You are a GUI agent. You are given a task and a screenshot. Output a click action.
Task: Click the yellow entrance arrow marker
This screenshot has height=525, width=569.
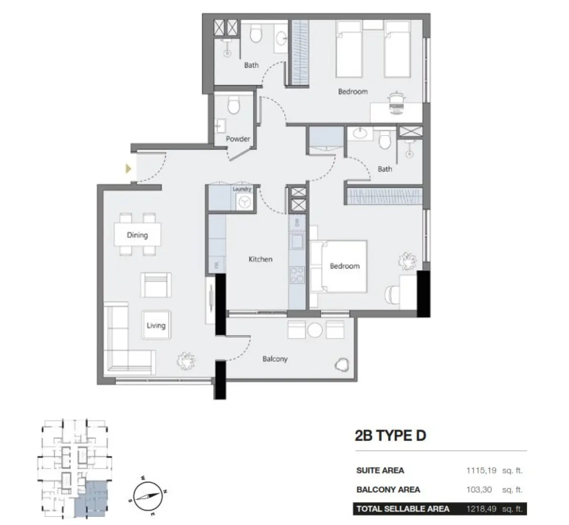point(127,168)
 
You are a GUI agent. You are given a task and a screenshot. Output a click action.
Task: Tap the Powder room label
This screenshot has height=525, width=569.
point(238,139)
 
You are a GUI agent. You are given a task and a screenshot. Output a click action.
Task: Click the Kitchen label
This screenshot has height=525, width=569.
point(260,259)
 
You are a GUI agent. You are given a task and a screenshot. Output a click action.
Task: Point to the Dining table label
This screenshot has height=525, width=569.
point(137,235)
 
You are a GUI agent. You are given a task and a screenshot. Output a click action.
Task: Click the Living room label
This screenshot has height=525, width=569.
point(156,325)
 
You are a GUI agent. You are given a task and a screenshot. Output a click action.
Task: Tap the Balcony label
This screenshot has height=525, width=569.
point(275,358)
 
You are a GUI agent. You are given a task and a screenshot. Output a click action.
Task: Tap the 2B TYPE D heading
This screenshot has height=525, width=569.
point(390,435)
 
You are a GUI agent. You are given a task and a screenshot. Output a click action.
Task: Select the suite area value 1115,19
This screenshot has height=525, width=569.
point(481,470)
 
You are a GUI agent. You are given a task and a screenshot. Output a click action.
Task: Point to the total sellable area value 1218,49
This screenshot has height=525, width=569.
point(481,509)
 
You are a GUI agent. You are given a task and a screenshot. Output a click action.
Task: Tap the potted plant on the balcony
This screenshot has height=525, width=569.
point(341,365)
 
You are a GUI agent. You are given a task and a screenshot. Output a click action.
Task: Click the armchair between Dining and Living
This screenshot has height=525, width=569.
point(155,285)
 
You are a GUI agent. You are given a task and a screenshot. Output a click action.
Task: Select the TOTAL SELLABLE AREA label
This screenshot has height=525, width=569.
point(403,509)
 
